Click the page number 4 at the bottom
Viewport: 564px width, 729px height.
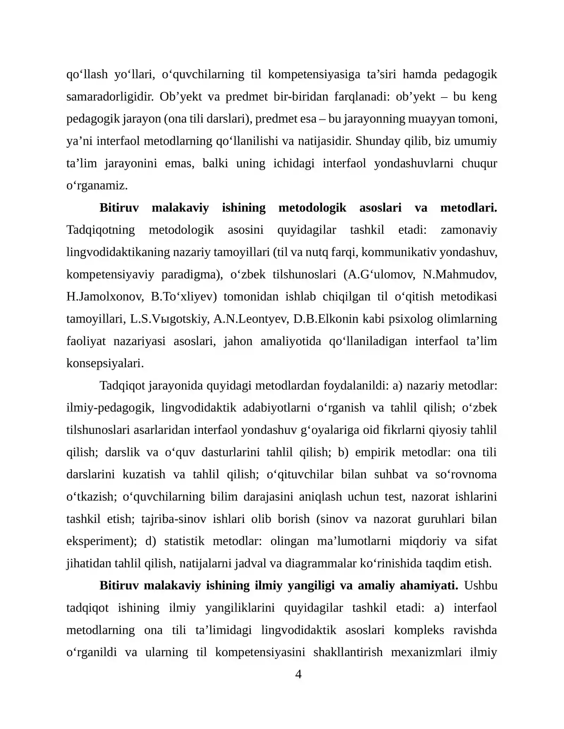click(298, 674)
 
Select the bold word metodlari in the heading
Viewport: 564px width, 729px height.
click(468, 207)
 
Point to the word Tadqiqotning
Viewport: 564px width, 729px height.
click(100, 230)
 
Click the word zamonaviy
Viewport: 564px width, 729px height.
click(468, 230)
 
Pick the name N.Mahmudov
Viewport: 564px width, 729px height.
click(460, 274)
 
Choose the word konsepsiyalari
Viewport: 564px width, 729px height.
click(105, 363)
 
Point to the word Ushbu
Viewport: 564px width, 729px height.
click(480, 585)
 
